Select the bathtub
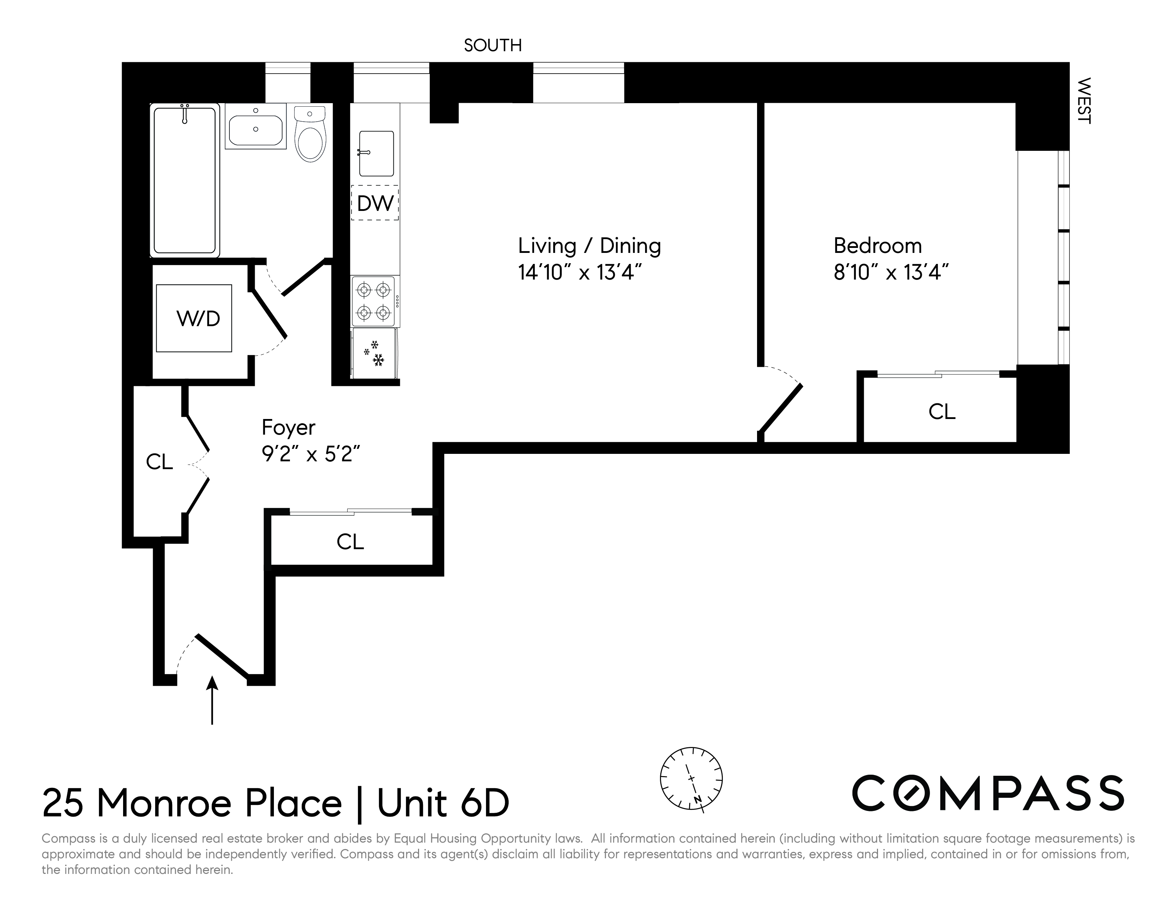185,180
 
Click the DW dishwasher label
375,203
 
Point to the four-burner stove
375,301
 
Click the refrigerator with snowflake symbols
375,354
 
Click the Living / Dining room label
589,246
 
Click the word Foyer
288,428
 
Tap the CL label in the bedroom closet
942,412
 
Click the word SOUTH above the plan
492,46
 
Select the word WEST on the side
1084,101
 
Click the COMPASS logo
988,793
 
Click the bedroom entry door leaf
781,408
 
